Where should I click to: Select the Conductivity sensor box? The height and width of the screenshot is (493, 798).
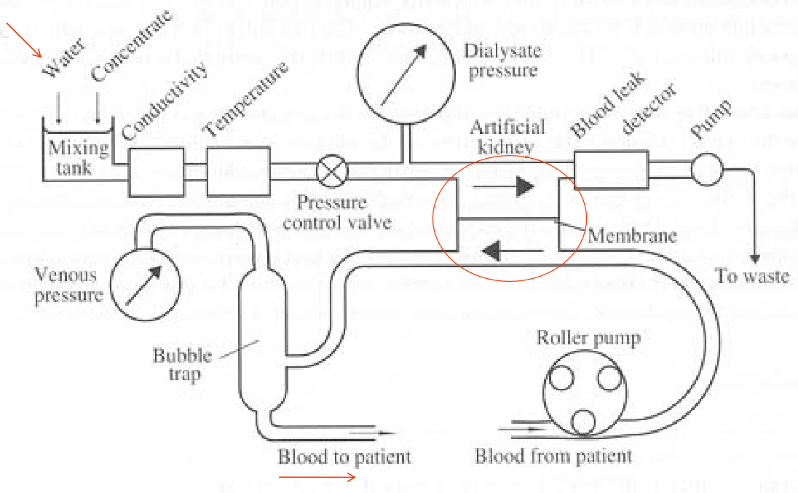[157, 172]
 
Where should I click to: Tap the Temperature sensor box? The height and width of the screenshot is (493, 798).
[237, 172]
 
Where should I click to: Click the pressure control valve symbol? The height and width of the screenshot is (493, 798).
[333, 173]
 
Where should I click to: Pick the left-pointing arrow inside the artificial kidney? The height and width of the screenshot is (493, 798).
[507, 252]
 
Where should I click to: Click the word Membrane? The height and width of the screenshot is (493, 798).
[632, 236]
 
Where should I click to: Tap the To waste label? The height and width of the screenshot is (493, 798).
[752, 276]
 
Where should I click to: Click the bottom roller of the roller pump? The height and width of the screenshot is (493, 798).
[582, 422]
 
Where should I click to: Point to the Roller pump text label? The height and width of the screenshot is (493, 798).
[588, 338]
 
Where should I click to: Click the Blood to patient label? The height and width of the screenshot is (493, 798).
[344, 457]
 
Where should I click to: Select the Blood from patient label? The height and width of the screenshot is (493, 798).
[553, 457]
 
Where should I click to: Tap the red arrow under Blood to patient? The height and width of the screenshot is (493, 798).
[317, 478]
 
